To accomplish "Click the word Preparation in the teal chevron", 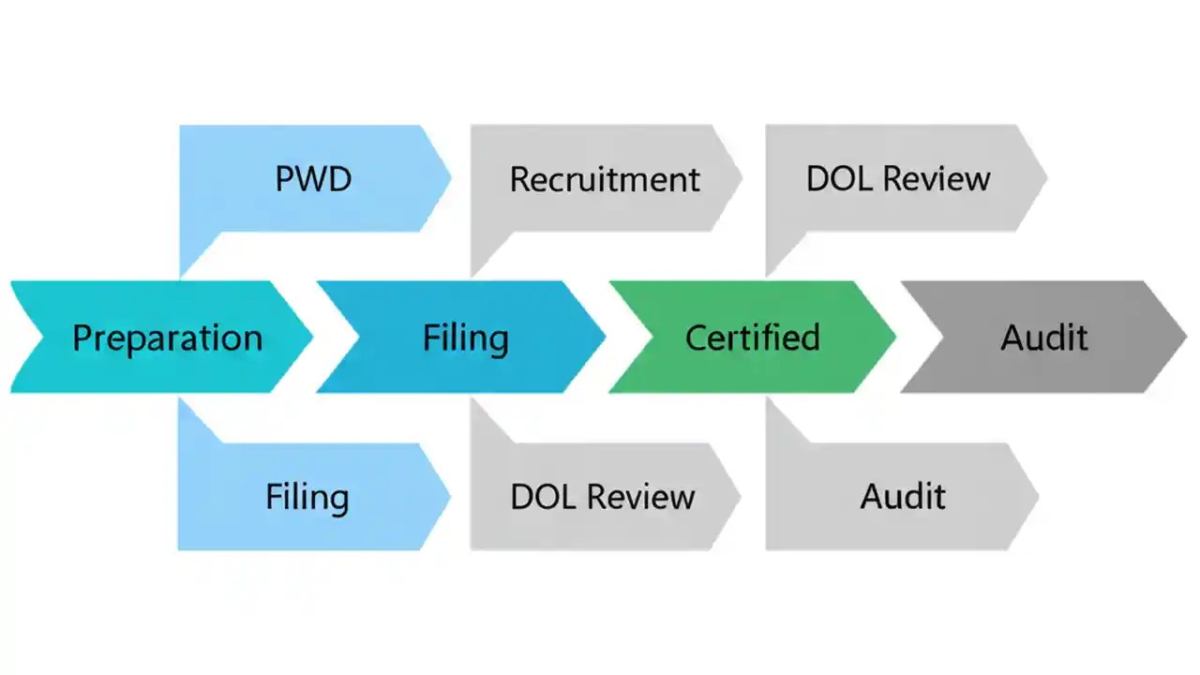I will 167,337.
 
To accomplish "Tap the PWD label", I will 313,178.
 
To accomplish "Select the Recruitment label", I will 605,179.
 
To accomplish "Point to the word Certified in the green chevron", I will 752,337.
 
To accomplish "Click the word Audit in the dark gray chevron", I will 1043,337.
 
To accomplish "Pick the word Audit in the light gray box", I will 903,497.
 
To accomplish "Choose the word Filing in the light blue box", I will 307,497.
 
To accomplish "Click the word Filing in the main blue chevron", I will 465,337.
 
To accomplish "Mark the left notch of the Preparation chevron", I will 37,337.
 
